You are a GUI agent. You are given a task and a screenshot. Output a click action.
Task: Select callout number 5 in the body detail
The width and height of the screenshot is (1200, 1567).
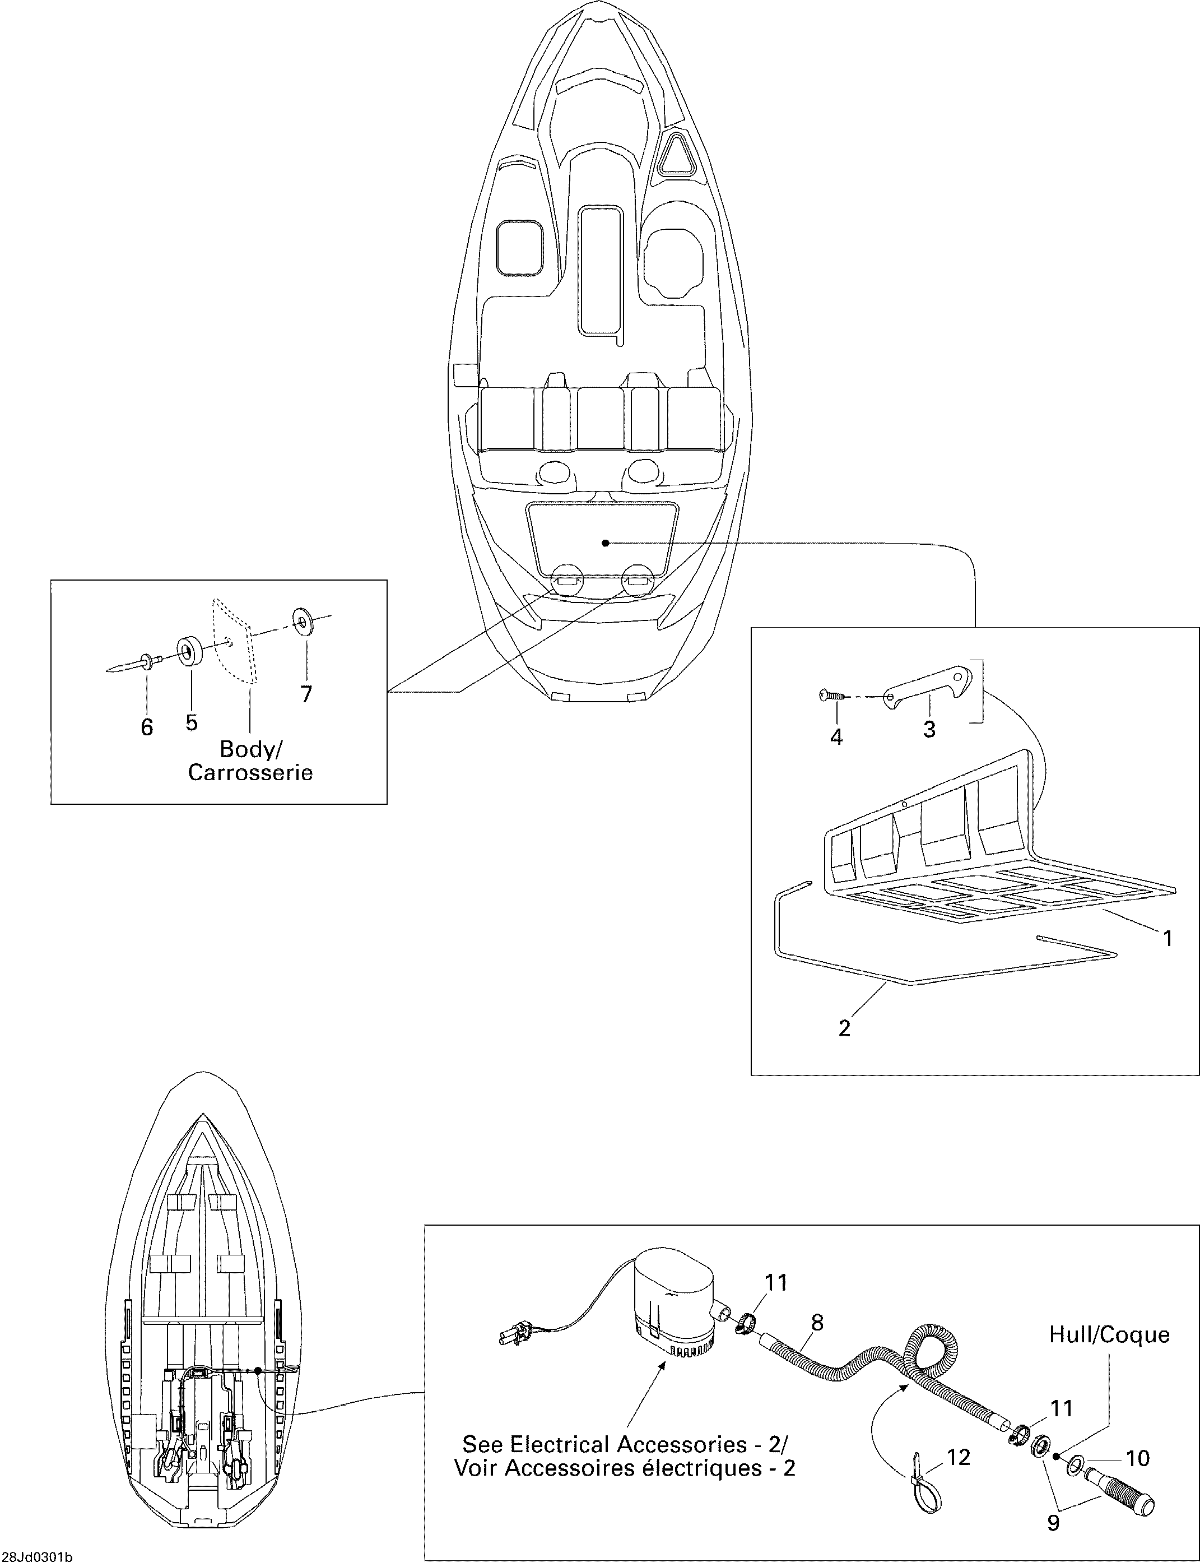(x=192, y=722)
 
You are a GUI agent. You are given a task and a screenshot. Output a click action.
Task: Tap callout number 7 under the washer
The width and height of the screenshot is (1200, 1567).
(x=306, y=694)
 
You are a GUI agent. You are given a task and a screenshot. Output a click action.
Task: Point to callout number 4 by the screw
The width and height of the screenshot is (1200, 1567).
(x=836, y=736)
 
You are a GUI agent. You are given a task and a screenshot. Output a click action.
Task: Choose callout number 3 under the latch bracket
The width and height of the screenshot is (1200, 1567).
(x=929, y=730)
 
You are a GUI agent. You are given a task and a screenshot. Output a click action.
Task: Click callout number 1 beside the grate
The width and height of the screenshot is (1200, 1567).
(x=1169, y=938)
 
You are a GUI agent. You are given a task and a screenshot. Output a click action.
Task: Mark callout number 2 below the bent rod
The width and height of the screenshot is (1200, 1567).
(x=844, y=1028)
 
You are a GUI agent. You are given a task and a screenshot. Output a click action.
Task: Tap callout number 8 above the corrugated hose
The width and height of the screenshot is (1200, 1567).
(x=817, y=1323)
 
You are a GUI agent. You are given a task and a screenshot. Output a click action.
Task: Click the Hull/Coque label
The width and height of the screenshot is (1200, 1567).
(x=1109, y=1335)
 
